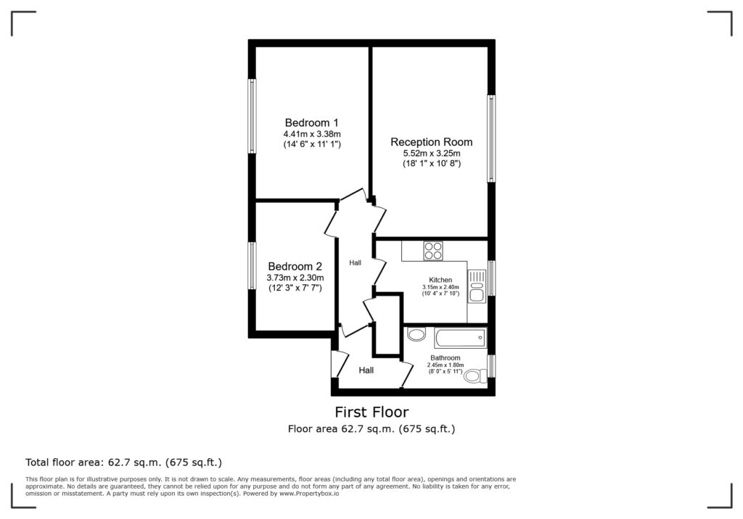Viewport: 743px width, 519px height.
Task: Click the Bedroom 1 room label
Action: (312, 123)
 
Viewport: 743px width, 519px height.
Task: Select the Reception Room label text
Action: (431, 142)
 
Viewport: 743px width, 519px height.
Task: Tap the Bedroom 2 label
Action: (295, 266)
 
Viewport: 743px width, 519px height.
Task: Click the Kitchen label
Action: (440, 280)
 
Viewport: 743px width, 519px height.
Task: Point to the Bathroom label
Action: (445, 358)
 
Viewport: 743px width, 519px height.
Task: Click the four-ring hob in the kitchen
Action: (434, 250)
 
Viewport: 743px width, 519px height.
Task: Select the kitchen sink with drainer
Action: (477, 286)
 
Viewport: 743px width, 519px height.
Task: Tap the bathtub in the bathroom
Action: (459, 337)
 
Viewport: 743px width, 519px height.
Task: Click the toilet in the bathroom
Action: (474, 375)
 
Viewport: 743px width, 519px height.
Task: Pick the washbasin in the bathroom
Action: (416, 334)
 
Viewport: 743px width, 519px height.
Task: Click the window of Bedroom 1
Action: (253, 116)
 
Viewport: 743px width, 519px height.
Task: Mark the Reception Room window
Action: (491, 138)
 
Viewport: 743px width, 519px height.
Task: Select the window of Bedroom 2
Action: (253, 266)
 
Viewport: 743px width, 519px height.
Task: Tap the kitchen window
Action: (491, 278)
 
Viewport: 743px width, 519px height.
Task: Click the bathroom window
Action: (491, 366)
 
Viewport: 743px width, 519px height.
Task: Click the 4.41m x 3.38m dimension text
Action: (312, 134)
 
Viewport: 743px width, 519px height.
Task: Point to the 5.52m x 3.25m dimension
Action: (431, 154)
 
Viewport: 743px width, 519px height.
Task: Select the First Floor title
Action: (371, 412)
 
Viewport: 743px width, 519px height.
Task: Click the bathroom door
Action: (403, 373)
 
